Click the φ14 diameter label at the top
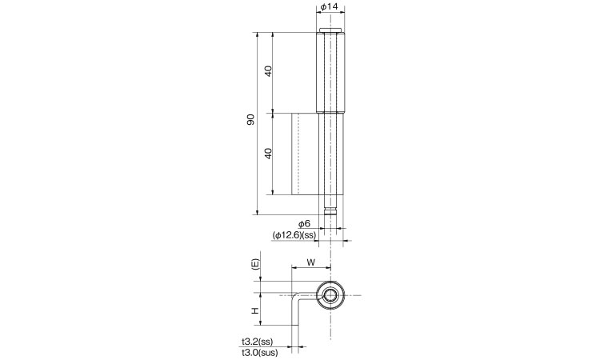pos(330,6)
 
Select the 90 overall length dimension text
pos(250,120)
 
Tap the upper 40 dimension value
pos(268,70)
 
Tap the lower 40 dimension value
pos(268,154)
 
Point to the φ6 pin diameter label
pos(304,224)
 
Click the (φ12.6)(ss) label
pos(294,235)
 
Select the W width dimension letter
pos(311,262)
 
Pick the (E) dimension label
pos(256,265)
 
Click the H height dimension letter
pos(255,311)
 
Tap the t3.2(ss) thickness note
pos(257,342)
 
